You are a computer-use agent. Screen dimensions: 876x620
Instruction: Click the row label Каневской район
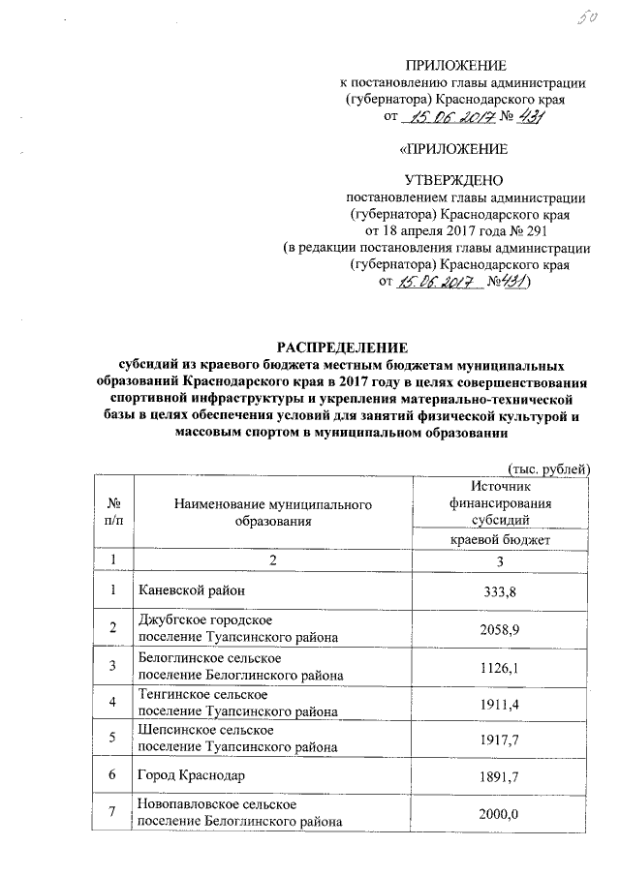coord(190,590)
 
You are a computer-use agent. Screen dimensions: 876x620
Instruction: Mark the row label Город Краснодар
coord(191,776)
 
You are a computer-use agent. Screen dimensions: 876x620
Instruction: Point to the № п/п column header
coord(114,511)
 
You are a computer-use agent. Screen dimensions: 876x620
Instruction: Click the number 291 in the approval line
coord(556,231)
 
